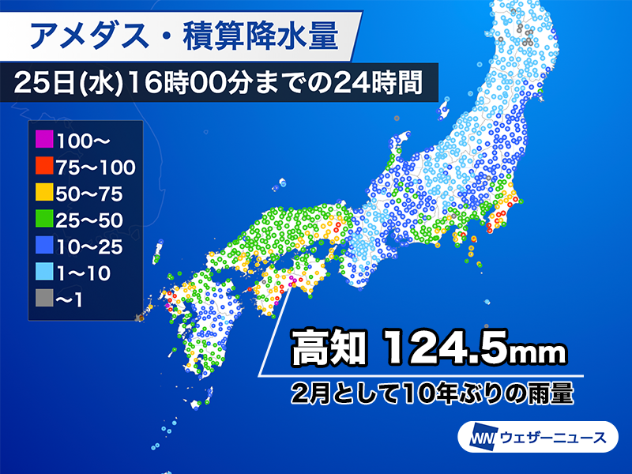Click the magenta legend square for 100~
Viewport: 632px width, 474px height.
pos(44,141)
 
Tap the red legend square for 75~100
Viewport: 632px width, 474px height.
pos(44,167)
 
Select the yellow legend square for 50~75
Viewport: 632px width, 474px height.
pos(44,194)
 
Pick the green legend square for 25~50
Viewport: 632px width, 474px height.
pos(44,220)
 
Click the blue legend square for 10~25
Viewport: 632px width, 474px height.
pos(44,246)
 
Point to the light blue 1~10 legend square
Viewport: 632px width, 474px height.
pos(44,273)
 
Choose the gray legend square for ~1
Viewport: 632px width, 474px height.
pos(44,299)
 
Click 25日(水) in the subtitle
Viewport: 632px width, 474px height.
pos(66,81)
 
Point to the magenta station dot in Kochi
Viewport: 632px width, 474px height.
pos(292,280)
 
